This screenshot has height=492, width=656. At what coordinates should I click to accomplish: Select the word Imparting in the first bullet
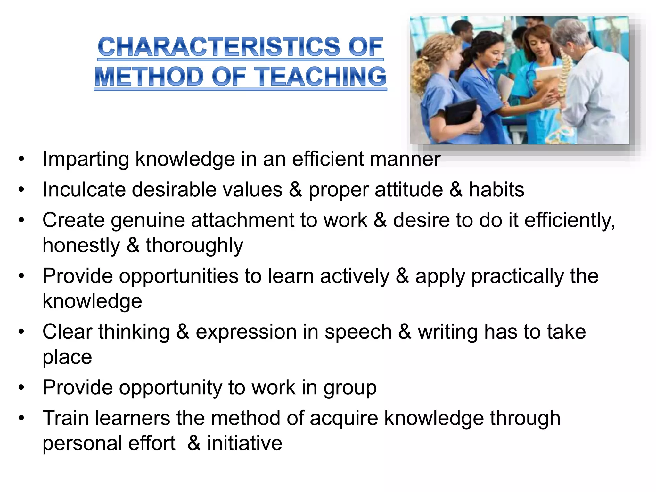[86, 159]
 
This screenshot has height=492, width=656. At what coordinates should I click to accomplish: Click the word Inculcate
[84, 189]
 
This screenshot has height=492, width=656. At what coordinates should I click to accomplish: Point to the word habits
[496, 189]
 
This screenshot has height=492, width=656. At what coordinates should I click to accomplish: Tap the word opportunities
[179, 276]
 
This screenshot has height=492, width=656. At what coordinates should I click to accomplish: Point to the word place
[67, 357]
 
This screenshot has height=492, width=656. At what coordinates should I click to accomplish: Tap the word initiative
[244, 443]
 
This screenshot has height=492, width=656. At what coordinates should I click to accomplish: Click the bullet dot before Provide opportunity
[21, 388]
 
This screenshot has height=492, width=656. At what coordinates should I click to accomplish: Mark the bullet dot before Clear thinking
[21, 332]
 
